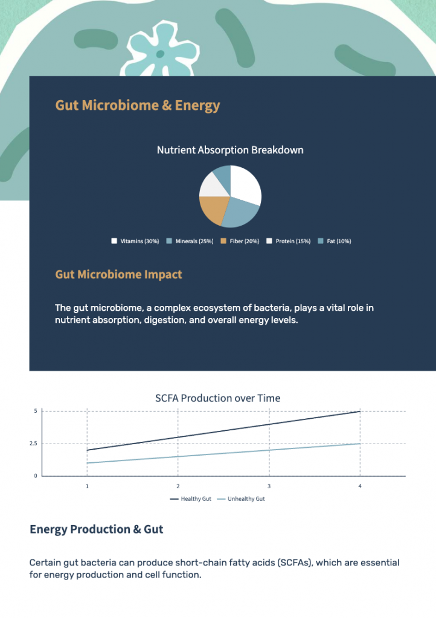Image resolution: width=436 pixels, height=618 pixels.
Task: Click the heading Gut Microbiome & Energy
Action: pos(138,106)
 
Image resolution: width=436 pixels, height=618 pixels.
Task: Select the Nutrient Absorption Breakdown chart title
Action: pos(230,150)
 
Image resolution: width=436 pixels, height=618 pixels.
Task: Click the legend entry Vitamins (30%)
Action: pos(135,241)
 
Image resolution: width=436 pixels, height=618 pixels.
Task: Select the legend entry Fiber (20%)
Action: pos(240,241)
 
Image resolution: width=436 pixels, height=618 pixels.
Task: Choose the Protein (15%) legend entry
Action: pos(289,241)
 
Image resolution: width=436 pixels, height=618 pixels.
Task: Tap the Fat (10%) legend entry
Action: pos(335,241)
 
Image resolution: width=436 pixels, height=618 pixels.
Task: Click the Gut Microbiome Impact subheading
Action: pos(118,275)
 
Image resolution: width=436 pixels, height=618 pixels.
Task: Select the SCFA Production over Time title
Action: pos(217,398)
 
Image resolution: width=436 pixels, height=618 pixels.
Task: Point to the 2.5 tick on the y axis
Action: pos(33,444)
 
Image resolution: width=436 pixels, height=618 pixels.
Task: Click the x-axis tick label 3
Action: pos(269,486)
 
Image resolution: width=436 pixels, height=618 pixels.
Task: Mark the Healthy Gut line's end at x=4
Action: pos(360,412)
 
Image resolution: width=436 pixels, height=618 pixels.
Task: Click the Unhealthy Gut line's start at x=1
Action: pos(87,463)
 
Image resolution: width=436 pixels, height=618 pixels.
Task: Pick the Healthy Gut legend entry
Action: pos(191,499)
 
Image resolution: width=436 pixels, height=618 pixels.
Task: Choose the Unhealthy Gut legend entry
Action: pos(241,499)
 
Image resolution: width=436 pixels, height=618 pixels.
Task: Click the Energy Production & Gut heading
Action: pos(97,529)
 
